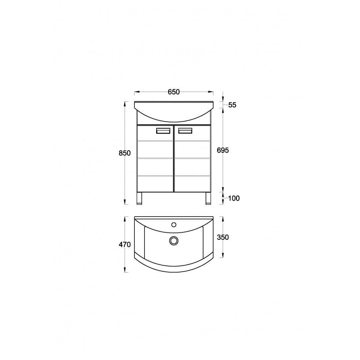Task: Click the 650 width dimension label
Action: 173,92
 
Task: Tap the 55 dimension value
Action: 232,105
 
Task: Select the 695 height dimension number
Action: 223,150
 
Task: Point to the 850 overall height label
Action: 125,153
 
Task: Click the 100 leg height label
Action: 234,198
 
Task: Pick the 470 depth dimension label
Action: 125,244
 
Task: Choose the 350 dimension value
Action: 223,237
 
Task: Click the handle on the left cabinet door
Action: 163,131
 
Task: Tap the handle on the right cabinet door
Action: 185,131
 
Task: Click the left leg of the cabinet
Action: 139,198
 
